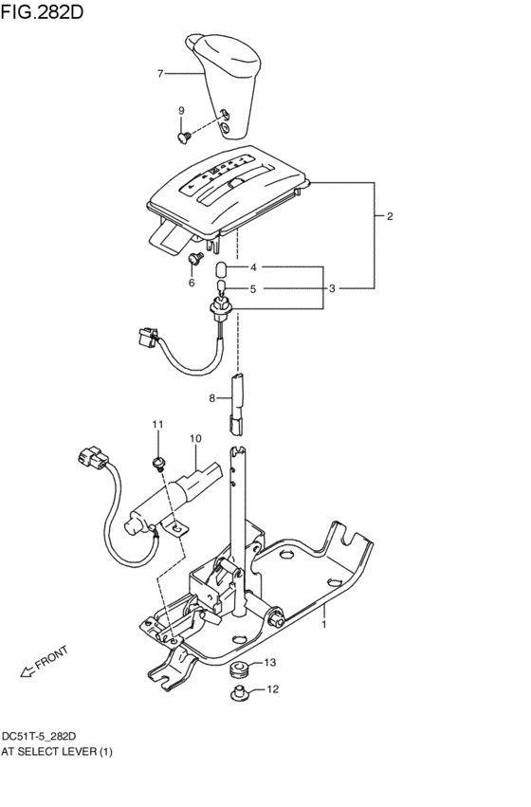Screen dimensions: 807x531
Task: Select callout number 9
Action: [180, 112]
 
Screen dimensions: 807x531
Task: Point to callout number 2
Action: [390, 216]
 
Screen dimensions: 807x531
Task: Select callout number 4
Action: [254, 267]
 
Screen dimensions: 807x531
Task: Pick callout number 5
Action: [254, 288]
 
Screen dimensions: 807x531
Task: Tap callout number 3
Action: [332, 288]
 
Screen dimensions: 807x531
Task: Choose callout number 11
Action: [158, 423]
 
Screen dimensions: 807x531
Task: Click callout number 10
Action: [194, 439]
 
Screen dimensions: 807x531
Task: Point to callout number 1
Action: [324, 625]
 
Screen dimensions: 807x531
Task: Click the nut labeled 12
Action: [240, 695]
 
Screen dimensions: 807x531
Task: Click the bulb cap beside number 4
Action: [222, 268]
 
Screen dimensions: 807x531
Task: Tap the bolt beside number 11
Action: [157, 463]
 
